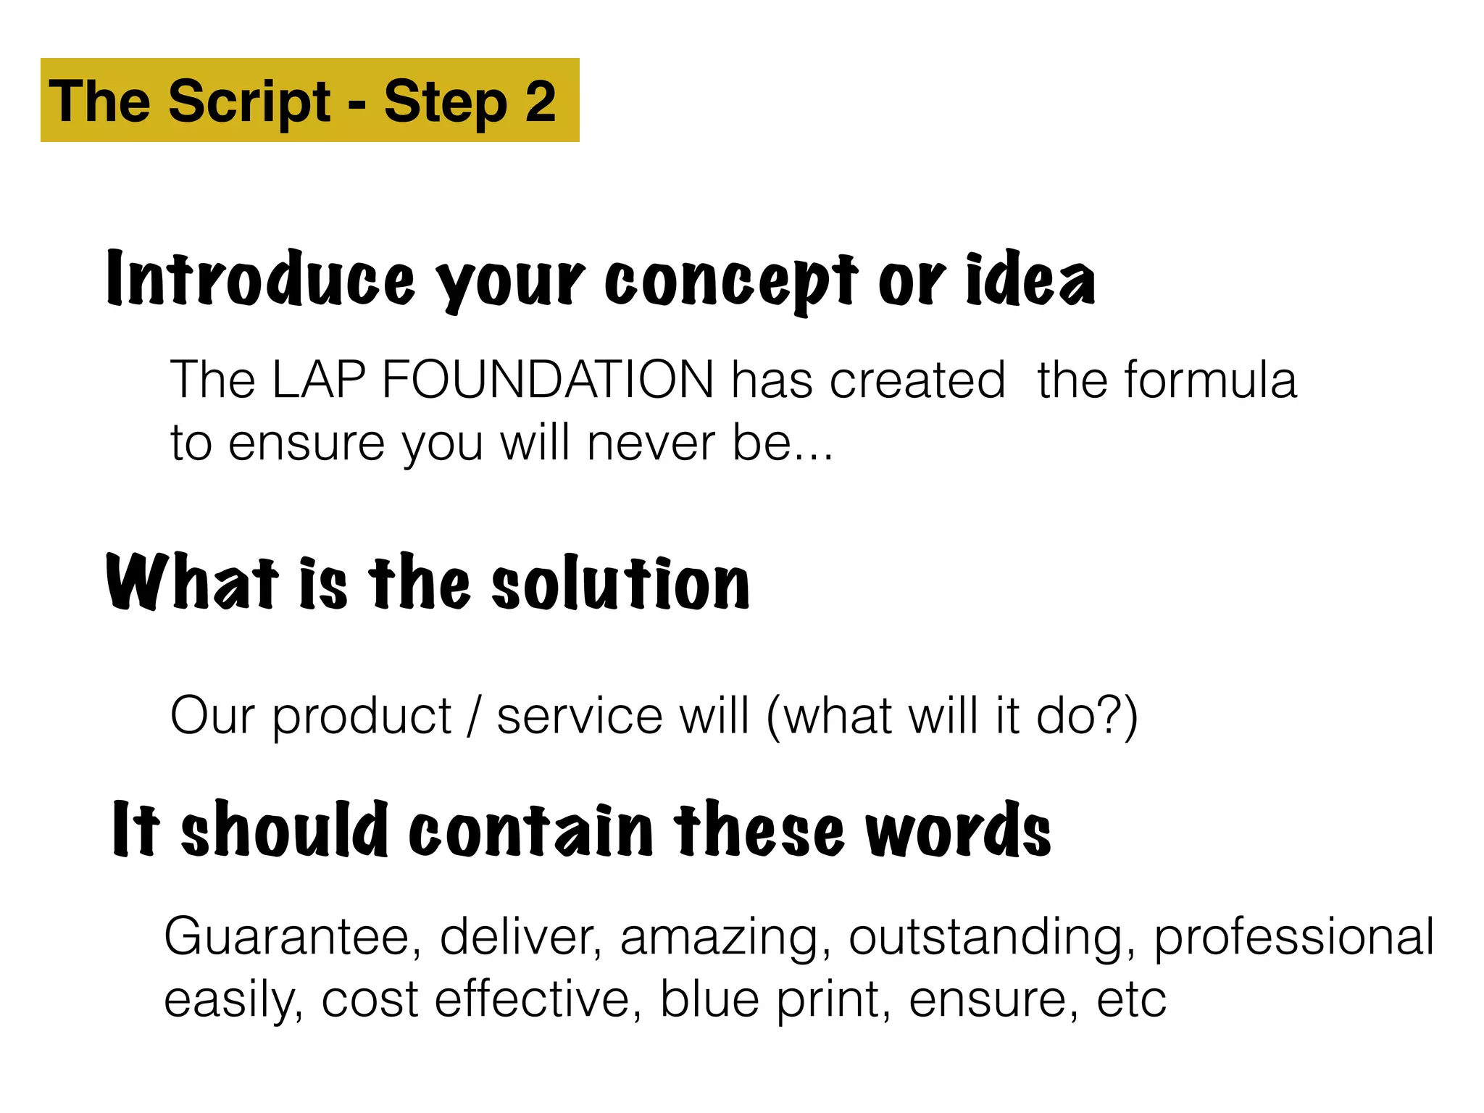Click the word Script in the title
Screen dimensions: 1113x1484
tap(249, 101)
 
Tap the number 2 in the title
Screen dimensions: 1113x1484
tap(541, 101)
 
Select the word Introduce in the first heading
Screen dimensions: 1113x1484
tap(261, 280)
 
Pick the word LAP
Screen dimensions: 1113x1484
tap(319, 380)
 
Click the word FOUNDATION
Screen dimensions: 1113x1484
tap(548, 380)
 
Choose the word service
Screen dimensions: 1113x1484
tap(580, 716)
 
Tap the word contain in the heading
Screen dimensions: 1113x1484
tap(532, 830)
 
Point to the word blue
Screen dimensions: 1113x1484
tap(709, 1000)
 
